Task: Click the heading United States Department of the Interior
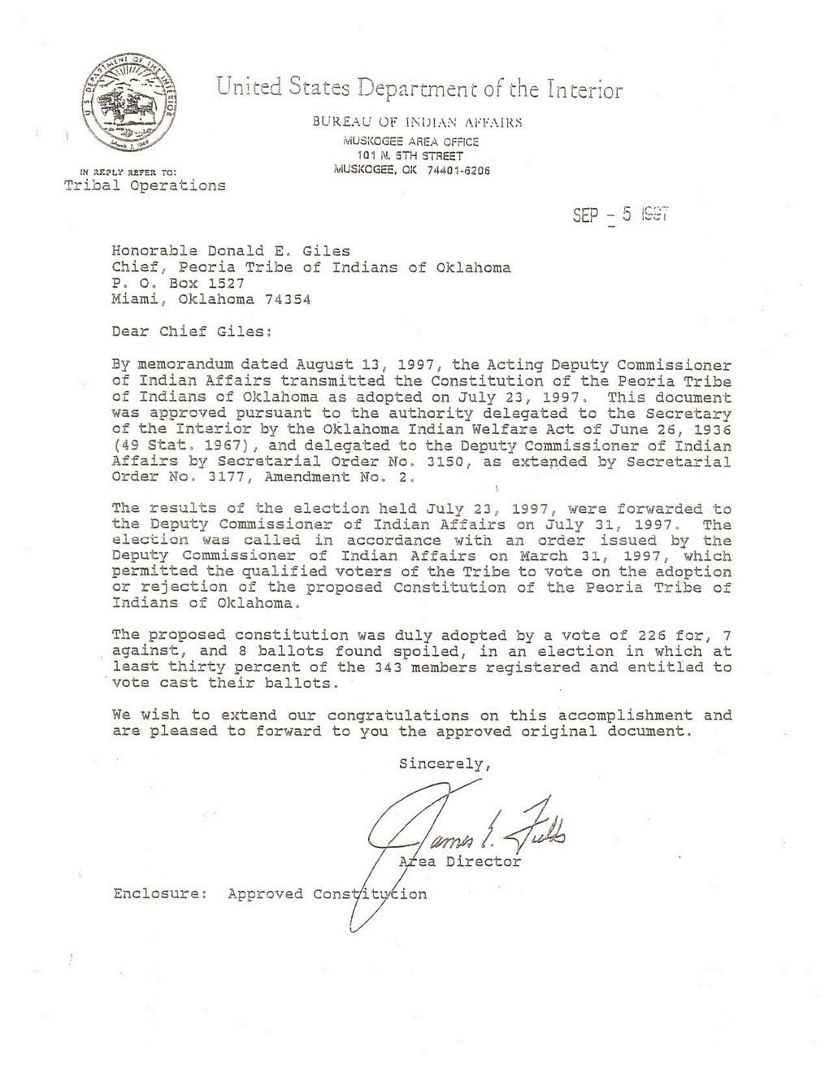(419, 88)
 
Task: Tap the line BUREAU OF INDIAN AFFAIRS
(416, 123)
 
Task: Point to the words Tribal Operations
(145, 185)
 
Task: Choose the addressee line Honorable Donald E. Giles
(232, 251)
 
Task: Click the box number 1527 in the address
(227, 283)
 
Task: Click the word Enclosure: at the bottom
(160, 894)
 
